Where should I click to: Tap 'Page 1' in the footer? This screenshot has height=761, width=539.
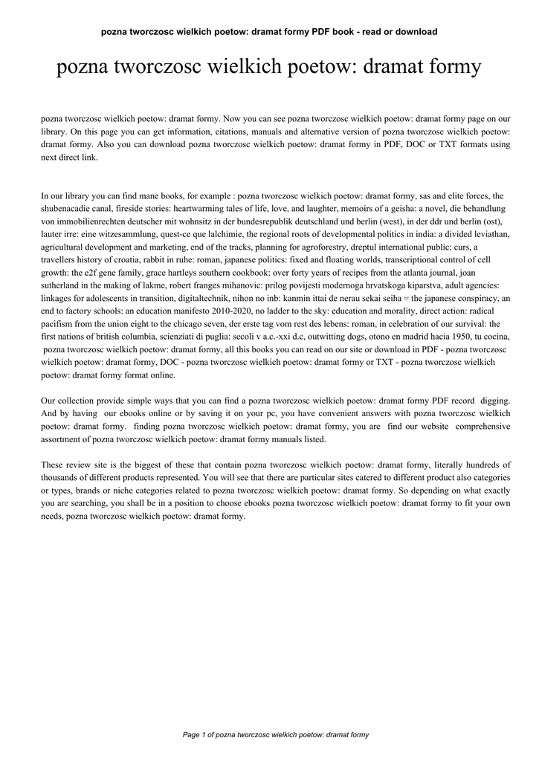click(x=192, y=734)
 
